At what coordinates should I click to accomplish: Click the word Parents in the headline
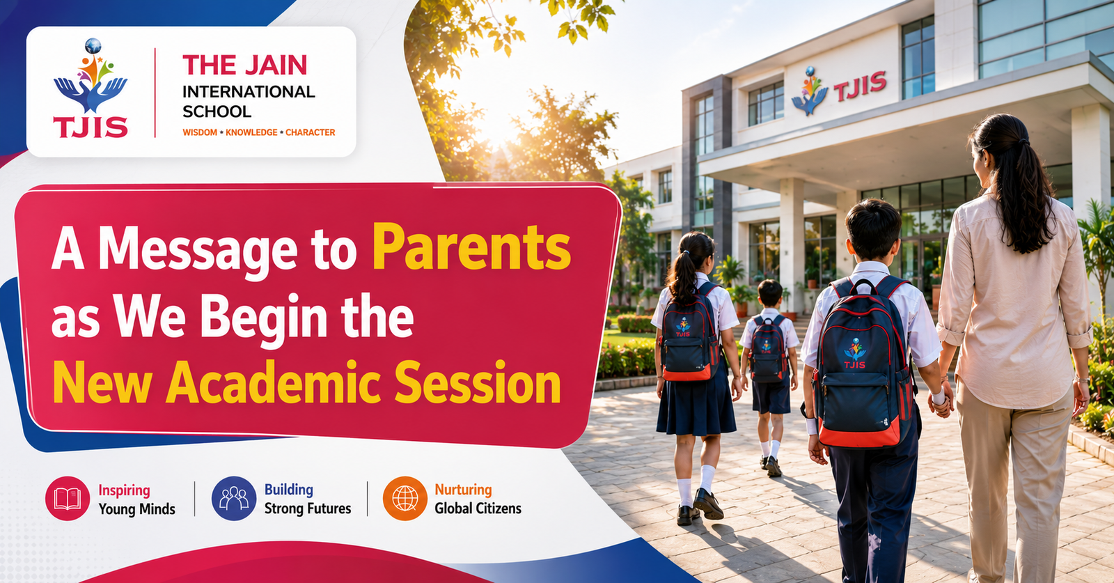click(471, 247)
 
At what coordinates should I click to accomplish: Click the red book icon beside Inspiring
click(68, 499)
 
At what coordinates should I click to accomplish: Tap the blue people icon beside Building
click(234, 499)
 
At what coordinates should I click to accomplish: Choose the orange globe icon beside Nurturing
click(405, 499)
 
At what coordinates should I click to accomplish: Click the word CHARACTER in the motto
click(310, 132)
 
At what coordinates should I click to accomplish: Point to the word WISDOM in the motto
click(200, 132)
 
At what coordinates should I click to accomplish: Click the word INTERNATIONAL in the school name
click(249, 92)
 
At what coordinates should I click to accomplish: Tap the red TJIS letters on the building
click(859, 86)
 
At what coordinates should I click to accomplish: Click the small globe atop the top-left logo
click(93, 46)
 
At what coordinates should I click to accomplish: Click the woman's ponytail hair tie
click(1021, 142)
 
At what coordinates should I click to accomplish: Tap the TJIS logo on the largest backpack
click(855, 354)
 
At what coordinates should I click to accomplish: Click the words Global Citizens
click(478, 508)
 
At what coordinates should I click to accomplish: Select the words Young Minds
click(136, 509)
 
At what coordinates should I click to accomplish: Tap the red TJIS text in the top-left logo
click(91, 127)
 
